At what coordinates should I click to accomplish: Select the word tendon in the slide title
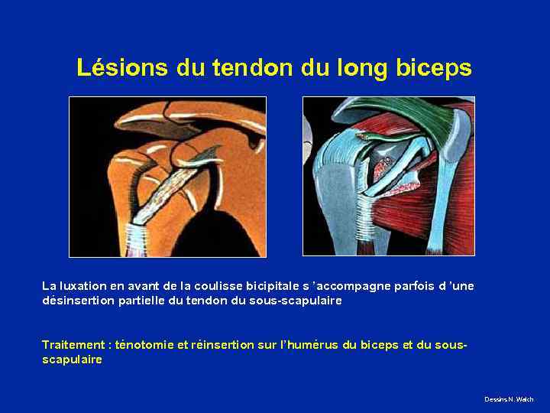(256, 68)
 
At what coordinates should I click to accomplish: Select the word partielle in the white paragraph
(141, 301)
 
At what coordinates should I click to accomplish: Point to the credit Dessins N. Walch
(509, 400)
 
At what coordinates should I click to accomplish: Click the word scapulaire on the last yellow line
(72, 359)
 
